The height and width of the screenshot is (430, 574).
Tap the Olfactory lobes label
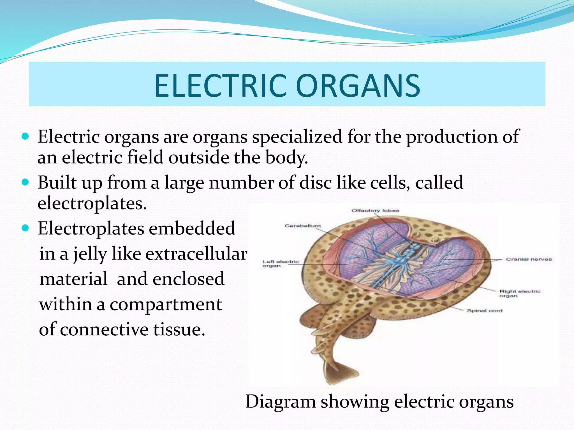375,211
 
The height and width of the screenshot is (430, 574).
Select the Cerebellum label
302,226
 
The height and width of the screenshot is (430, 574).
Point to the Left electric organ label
280,264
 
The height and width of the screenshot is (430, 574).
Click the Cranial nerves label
529,259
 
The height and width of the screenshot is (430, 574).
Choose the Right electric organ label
520,293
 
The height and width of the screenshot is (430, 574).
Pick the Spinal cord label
485,311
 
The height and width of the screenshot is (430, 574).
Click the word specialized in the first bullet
297,137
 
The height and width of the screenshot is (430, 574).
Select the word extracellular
196,254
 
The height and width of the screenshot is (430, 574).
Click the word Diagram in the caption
281,401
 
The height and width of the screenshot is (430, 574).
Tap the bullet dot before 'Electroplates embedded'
25,228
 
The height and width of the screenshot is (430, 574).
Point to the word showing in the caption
355,401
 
